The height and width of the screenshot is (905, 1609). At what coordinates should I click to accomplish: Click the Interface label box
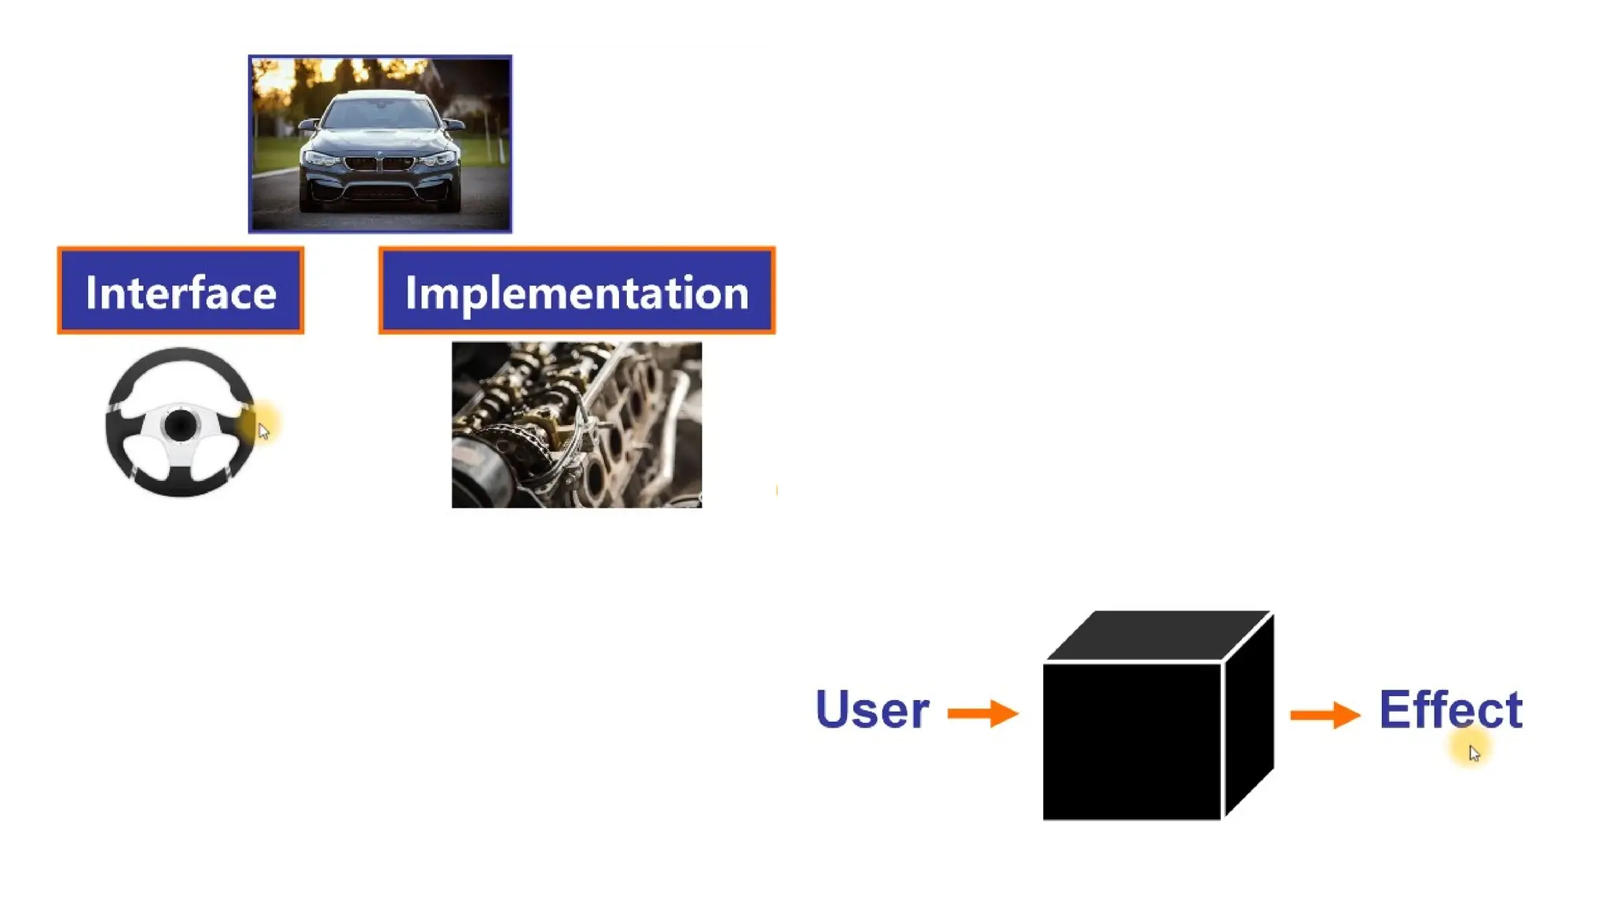[180, 291]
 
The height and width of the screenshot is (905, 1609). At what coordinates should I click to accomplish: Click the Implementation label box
[576, 291]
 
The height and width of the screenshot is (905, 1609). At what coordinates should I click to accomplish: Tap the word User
[872, 709]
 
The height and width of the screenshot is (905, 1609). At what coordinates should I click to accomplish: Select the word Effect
[1450, 709]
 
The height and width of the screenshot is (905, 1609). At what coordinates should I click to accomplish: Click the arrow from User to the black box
[982, 713]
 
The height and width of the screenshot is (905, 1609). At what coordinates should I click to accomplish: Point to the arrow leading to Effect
[1325, 715]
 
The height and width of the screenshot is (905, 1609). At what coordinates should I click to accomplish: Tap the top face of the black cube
[1160, 635]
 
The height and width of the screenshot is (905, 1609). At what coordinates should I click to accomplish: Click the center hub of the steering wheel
[181, 425]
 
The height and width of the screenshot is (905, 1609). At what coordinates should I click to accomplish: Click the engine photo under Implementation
[576, 424]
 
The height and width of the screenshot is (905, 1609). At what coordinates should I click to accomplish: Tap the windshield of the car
[380, 114]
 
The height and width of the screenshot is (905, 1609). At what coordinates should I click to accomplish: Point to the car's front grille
[379, 163]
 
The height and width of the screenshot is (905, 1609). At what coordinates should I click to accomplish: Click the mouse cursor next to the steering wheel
[263, 431]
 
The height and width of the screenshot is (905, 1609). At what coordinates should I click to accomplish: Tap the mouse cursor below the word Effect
[1474, 753]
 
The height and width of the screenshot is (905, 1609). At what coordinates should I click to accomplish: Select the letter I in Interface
[90, 293]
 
